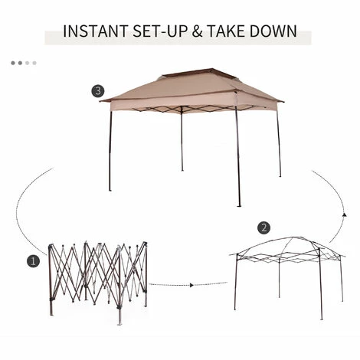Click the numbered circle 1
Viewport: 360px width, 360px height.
[32, 261]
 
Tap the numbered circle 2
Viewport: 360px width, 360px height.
[263, 227]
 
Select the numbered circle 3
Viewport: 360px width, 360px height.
[97, 91]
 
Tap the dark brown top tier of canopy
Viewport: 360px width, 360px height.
[191, 76]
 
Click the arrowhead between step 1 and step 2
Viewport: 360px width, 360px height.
[190, 284]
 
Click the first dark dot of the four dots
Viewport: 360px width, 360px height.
[13, 63]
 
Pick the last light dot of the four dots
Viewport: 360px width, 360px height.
[34, 63]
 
